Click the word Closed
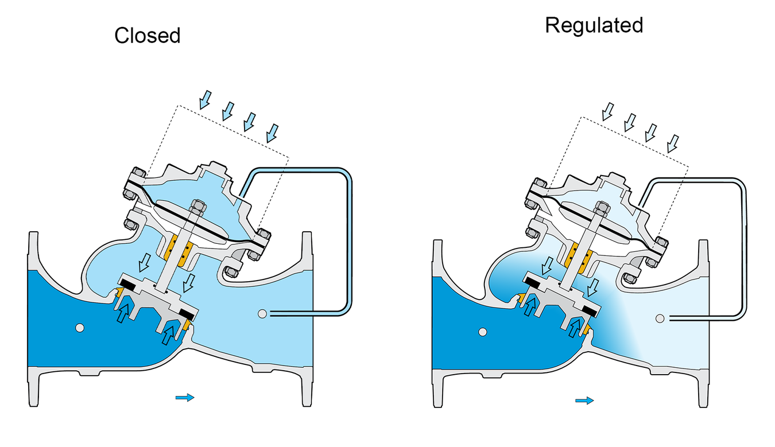148,36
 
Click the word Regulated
594,25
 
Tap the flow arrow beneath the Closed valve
185,397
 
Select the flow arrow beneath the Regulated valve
585,400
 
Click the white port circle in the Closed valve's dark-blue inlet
79,327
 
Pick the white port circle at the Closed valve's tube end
262,313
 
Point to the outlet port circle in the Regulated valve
660,318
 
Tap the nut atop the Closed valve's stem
196,206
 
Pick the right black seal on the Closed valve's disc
188,313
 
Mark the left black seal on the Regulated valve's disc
533,281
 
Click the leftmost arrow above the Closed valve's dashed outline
204,101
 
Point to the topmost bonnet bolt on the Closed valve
137,174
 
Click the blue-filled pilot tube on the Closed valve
348,241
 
